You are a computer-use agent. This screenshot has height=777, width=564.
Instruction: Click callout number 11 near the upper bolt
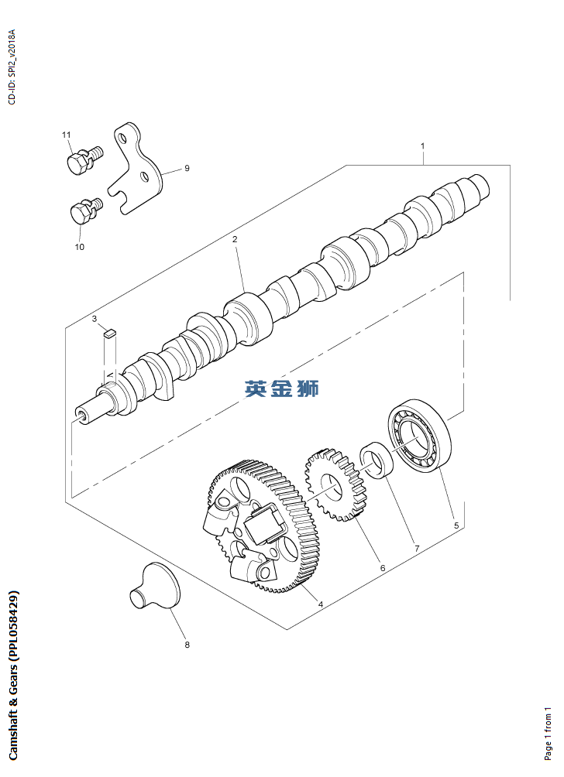(x=67, y=135)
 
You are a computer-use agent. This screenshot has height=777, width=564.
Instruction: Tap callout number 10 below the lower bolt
(x=79, y=247)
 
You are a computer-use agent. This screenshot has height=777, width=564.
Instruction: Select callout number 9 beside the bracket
(x=187, y=168)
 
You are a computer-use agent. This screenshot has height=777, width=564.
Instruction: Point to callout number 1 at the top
(x=423, y=146)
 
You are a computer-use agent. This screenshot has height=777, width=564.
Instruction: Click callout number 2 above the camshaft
(x=235, y=239)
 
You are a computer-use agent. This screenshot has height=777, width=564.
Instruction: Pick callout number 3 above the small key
(x=95, y=319)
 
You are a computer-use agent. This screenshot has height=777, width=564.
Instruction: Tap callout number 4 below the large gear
(x=321, y=604)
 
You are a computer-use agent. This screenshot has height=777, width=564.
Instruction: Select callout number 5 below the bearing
(x=456, y=525)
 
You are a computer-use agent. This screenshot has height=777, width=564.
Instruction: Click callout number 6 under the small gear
(x=383, y=568)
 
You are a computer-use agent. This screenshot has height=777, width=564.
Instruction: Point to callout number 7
(x=417, y=549)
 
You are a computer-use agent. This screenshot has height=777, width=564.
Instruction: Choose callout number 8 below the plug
(x=187, y=645)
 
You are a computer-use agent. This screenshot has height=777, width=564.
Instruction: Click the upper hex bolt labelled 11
(x=84, y=159)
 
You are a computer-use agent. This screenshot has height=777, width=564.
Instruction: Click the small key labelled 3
(x=110, y=333)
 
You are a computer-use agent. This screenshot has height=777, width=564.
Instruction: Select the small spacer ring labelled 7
(x=377, y=460)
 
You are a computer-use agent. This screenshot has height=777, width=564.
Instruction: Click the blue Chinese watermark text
(x=281, y=388)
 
